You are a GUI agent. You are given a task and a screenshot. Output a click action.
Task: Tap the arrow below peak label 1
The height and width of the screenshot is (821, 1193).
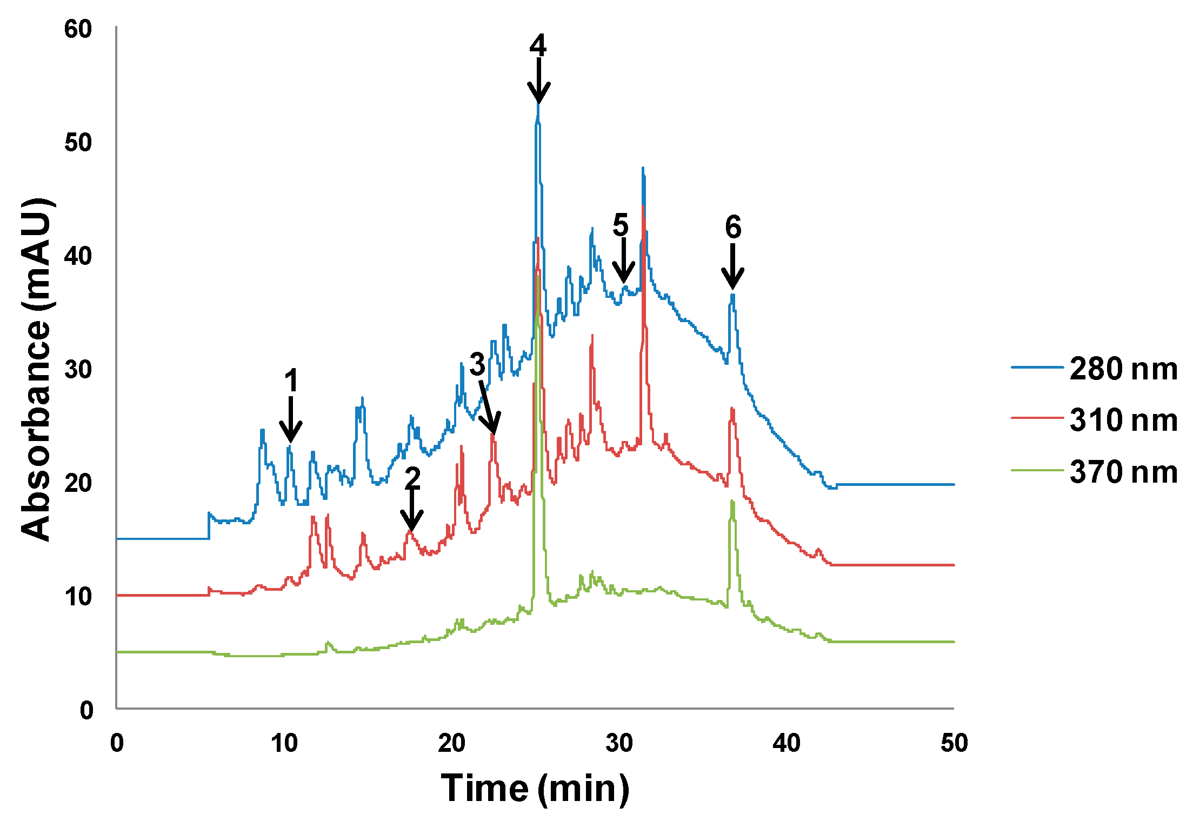click(291, 420)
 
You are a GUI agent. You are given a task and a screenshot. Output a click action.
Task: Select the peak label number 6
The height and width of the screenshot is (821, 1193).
click(733, 227)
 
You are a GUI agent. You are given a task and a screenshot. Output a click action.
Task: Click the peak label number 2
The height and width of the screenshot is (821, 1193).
click(412, 478)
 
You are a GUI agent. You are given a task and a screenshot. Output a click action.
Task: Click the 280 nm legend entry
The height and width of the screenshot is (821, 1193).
click(1095, 369)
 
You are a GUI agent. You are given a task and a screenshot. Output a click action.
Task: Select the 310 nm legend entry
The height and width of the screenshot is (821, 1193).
click(1095, 420)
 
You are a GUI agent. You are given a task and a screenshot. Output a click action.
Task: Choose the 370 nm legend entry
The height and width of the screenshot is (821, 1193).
click(1095, 472)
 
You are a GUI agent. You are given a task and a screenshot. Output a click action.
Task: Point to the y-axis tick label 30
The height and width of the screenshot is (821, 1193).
click(78, 370)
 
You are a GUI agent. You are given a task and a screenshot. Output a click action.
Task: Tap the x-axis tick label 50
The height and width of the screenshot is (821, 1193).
click(954, 744)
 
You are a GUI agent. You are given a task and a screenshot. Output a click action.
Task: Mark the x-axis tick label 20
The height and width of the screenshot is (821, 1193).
click(451, 744)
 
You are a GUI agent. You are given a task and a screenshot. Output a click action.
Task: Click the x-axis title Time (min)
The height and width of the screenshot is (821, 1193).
click(535, 789)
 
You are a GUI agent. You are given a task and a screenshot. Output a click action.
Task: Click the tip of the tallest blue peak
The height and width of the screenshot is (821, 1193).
click(538, 104)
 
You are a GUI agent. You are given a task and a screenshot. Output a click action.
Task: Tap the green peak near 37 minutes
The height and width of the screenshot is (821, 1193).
click(732, 503)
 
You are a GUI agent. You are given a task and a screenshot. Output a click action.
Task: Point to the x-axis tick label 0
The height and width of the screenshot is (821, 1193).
click(117, 744)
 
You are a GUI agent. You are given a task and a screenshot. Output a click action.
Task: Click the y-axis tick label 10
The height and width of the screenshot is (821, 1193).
click(78, 597)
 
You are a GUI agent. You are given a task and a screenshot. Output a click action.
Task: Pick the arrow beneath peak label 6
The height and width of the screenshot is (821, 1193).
click(733, 266)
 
